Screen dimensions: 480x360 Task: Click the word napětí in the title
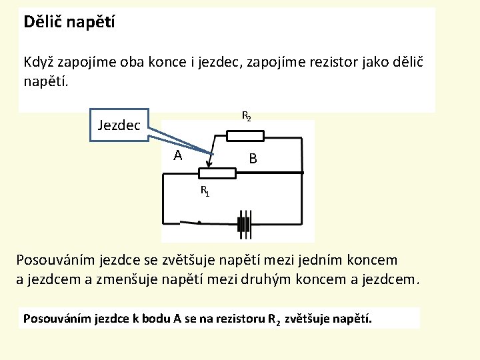click(x=92, y=22)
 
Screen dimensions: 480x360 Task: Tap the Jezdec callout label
click(x=119, y=125)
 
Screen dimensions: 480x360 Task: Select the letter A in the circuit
click(x=177, y=156)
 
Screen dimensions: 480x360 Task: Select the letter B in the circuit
click(x=253, y=159)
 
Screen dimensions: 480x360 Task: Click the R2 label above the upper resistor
click(x=246, y=116)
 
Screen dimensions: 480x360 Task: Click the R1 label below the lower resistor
click(x=205, y=191)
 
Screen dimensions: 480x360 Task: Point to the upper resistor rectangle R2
click(x=245, y=136)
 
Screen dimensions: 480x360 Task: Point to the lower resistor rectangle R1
click(x=216, y=174)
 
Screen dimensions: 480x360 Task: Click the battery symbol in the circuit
click(x=245, y=223)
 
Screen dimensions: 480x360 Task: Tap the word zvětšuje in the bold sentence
click(x=307, y=318)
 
